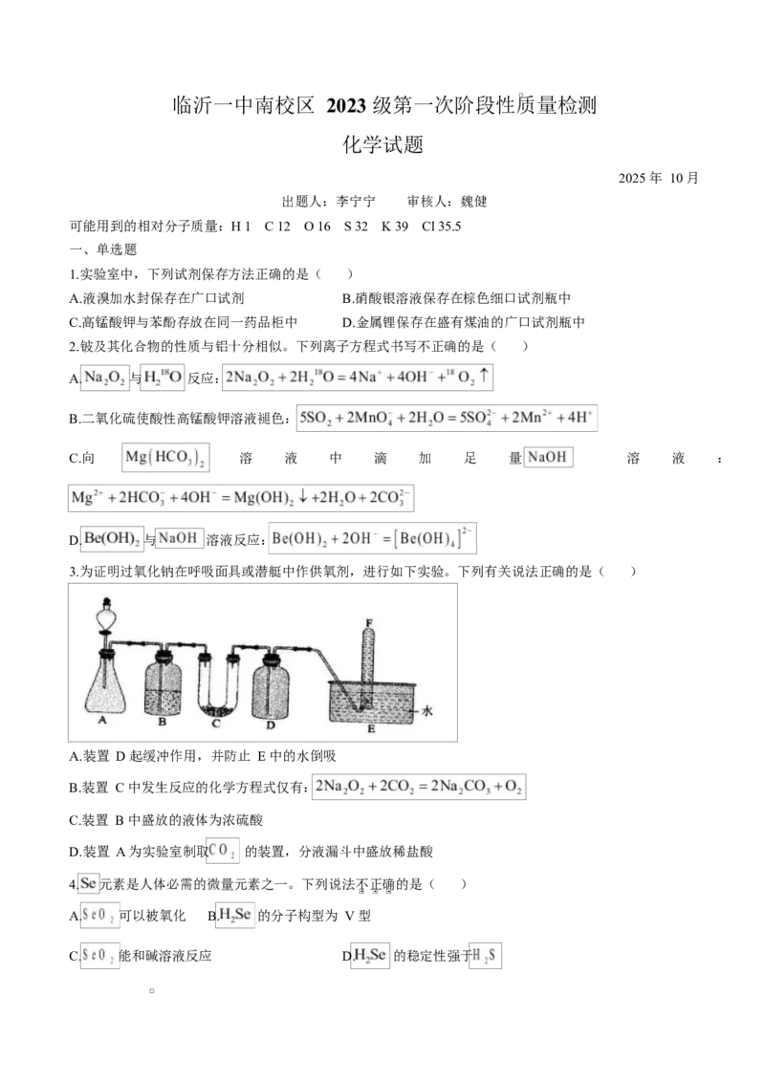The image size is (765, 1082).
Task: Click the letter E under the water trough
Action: (370, 729)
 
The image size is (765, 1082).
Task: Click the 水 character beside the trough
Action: (427, 712)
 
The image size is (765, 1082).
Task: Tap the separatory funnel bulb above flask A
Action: (105, 617)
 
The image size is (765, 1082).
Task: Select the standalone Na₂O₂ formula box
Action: (104, 378)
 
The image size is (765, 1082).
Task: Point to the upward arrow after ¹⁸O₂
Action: (484, 377)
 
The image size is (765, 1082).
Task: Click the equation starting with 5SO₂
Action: (448, 419)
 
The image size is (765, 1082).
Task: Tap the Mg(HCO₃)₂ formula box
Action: (167, 459)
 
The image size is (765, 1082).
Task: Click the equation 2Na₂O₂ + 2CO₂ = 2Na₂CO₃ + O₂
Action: (419, 787)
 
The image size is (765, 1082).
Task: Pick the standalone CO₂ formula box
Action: (223, 850)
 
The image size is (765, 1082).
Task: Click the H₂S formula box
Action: (487, 955)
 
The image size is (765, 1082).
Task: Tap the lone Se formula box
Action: (88, 882)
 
